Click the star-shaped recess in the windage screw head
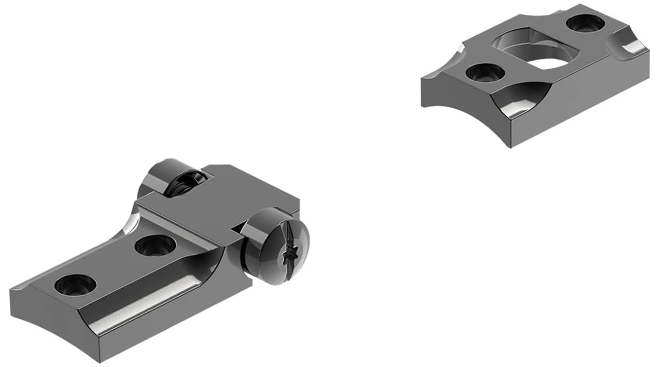287,254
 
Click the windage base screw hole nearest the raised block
155,245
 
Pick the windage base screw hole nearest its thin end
75,285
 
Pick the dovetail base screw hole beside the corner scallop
584,23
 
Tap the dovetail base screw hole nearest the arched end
485,72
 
